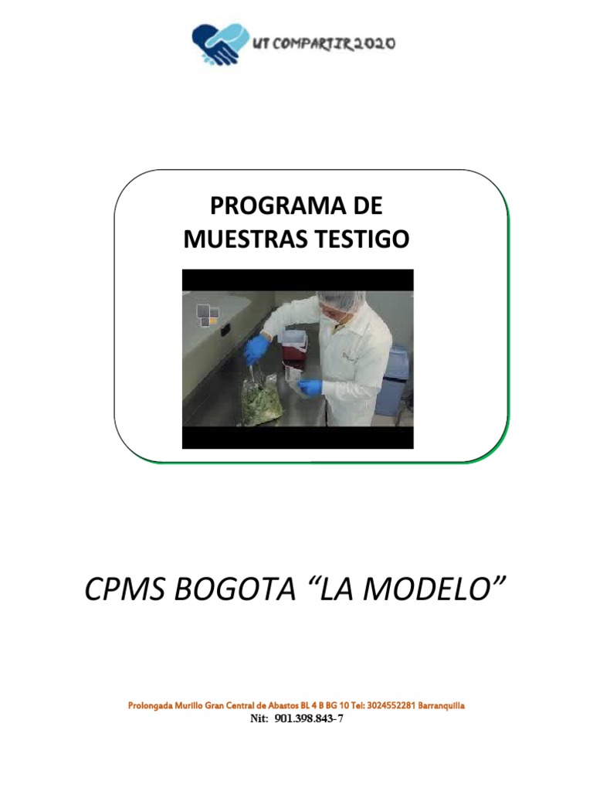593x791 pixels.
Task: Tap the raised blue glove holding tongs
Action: (256, 350)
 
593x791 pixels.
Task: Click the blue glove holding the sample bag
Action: (310, 387)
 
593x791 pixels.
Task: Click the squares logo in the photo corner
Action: (208, 314)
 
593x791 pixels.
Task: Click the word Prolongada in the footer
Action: (151, 706)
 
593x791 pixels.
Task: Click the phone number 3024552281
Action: (389, 706)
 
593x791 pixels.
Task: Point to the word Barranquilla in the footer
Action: (441, 706)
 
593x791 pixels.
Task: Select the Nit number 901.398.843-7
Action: (308, 719)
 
